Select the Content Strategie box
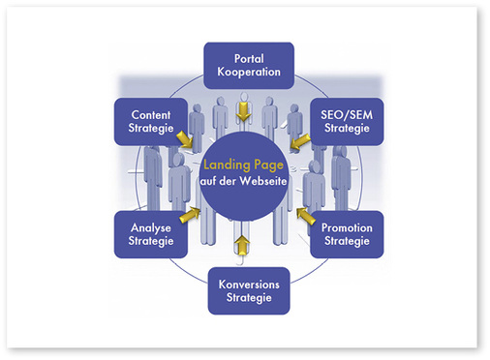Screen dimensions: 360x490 (x=150, y=120)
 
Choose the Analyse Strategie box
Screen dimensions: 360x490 (x=150, y=233)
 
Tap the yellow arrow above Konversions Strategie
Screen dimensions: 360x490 (x=242, y=247)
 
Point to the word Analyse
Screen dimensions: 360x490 (x=150, y=226)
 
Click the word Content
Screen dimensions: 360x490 (x=150, y=113)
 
